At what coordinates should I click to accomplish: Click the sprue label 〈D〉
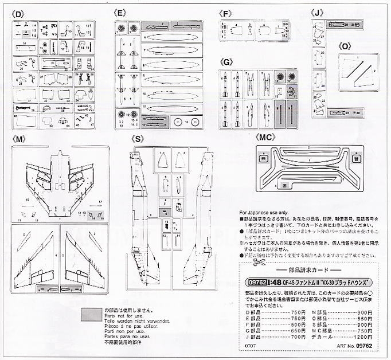(x=22, y=12)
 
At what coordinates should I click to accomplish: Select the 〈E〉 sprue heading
(x=120, y=12)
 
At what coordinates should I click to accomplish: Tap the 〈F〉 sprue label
(x=225, y=12)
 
